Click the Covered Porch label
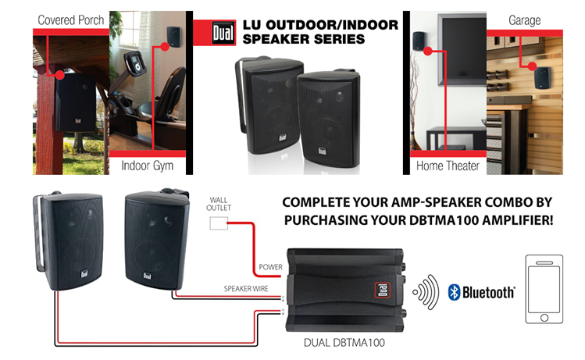click(70, 20)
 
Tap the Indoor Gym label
click(147, 166)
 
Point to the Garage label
click(525, 20)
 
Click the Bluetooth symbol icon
click(454, 292)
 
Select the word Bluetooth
click(489, 293)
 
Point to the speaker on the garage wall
click(540, 77)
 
